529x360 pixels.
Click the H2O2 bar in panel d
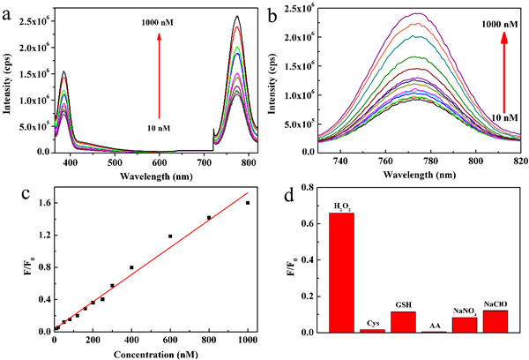(342, 272)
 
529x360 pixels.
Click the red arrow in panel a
(159, 75)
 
